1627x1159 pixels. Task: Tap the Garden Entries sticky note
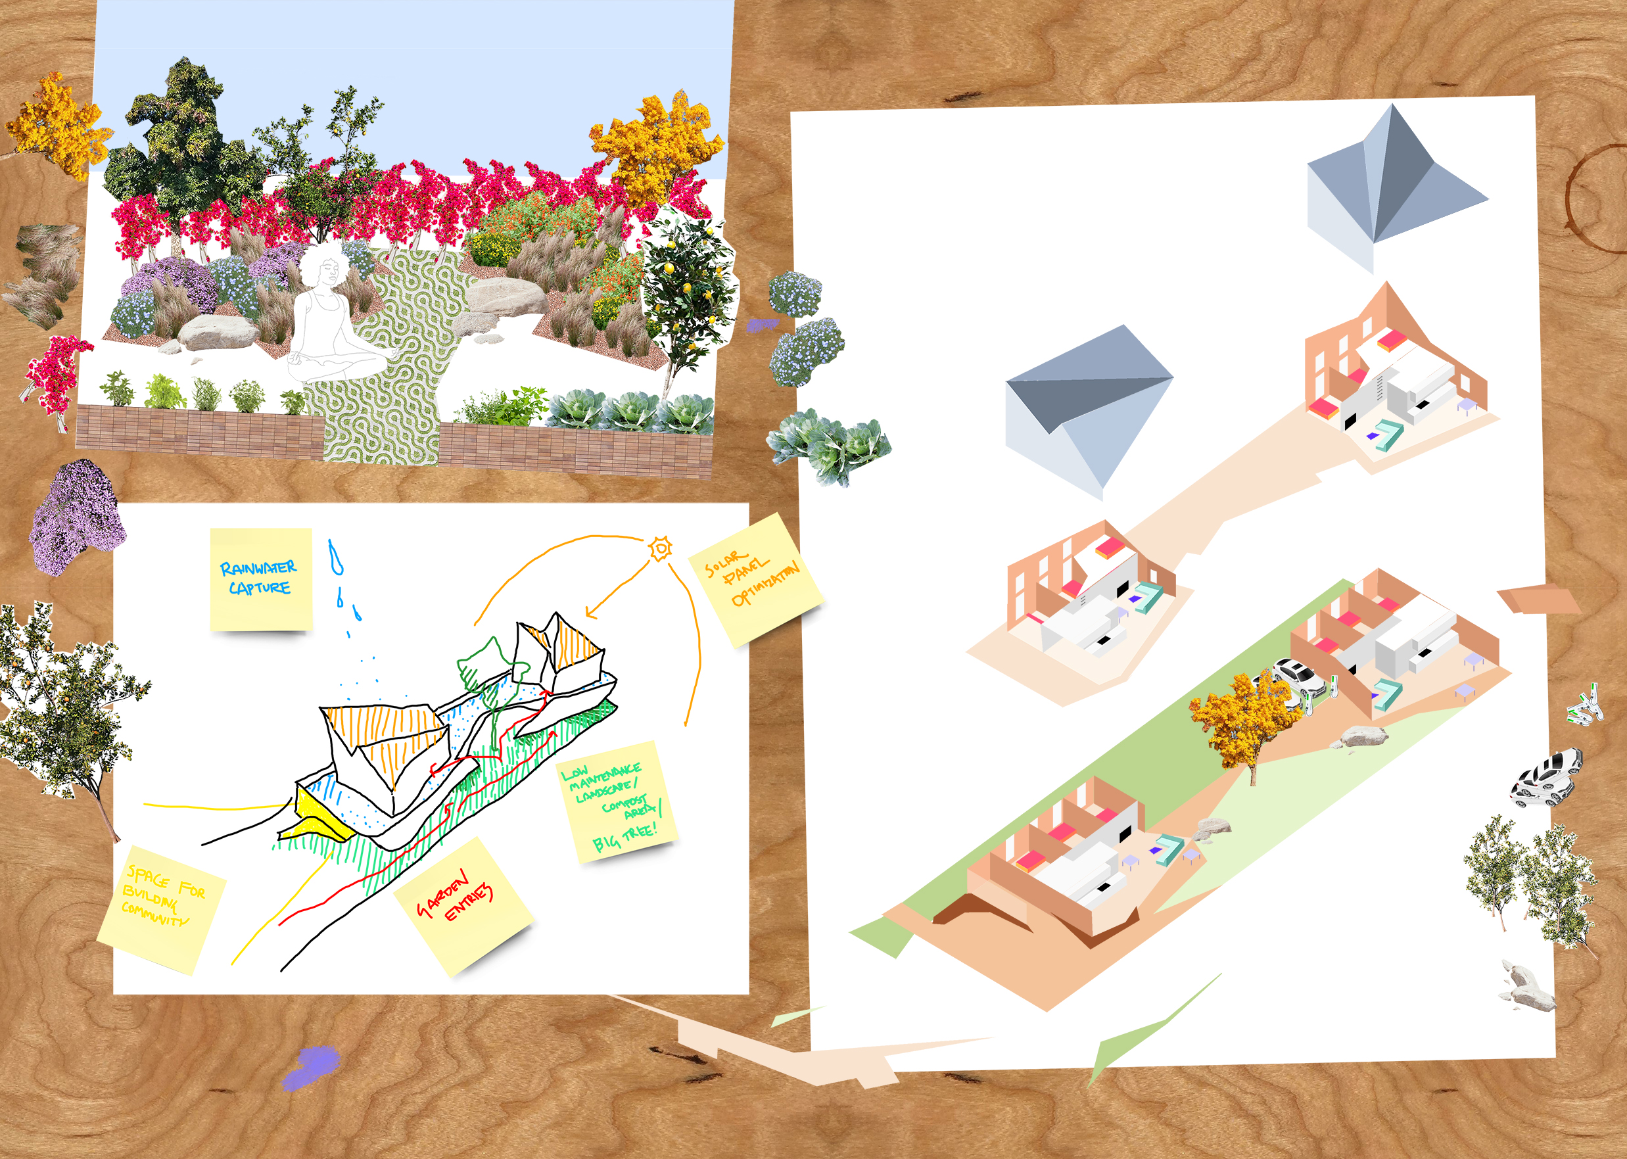click(464, 907)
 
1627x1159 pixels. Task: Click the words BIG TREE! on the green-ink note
click(625, 840)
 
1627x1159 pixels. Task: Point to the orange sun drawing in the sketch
click(661, 548)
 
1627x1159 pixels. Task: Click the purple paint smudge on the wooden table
click(310, 1068)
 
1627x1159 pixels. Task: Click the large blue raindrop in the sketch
click(335, 557)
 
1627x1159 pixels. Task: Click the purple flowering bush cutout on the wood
click(77, 515)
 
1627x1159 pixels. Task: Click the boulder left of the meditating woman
click(217, 333)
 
